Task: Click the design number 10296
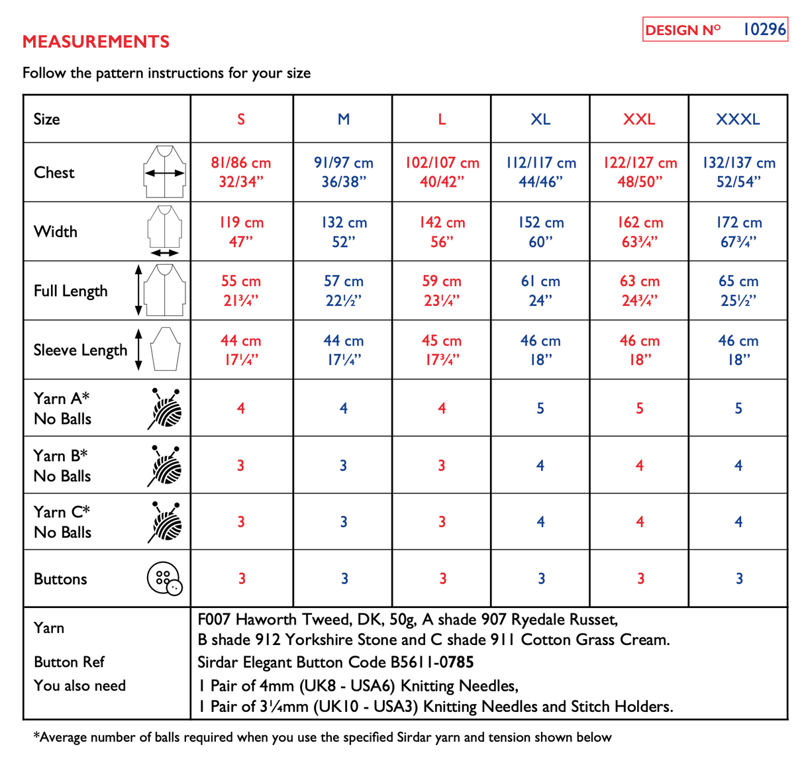pos(764,30)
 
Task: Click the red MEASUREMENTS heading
pos(96,42)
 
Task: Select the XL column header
pos(540,119)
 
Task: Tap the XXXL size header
pos(738,119)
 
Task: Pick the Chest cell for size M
pos(343,172)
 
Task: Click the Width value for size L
pos(442,232)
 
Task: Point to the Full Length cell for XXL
pos(639,291)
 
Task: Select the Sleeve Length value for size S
pos(241,350)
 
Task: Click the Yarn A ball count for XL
pos(540,409)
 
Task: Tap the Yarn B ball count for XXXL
pos(738,466)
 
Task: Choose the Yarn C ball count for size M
pos(343,522)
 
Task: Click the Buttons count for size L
pos(442,579)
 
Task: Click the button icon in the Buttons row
pos(164,579)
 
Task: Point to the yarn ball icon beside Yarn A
pos(164,409)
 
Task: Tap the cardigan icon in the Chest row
pos(164,172)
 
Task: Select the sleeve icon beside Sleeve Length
pos(165,350)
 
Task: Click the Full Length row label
pos(71,291)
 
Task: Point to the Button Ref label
pos(69,662)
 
